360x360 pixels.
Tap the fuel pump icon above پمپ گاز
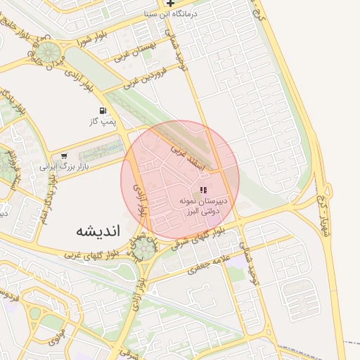click(103, 111)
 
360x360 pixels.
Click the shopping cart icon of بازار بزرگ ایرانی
click(65, 157)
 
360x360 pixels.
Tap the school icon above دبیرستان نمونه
click(203, 189)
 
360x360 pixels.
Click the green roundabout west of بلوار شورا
click(49, 53)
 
